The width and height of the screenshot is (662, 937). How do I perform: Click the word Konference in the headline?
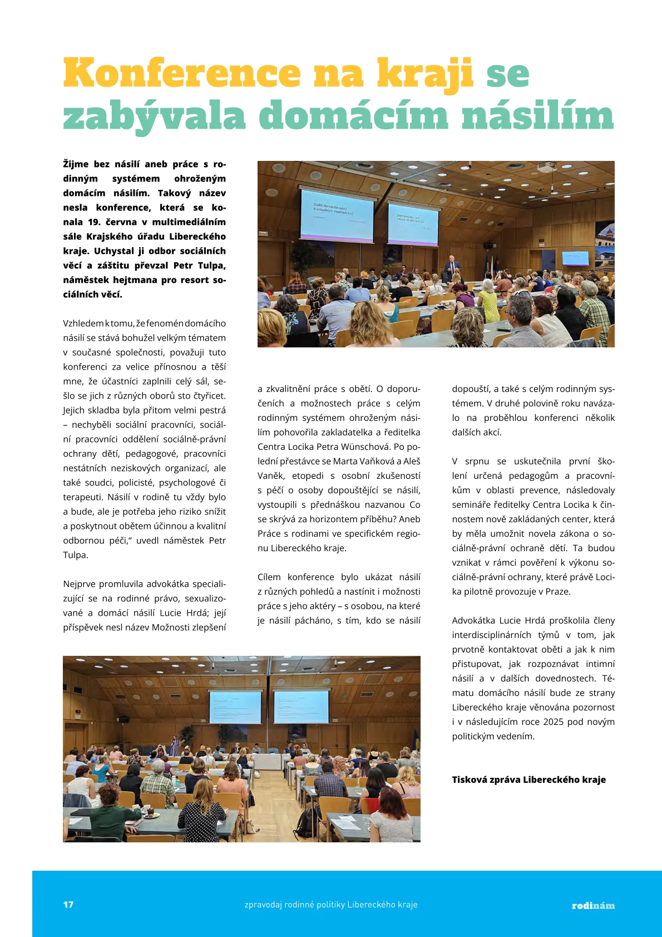point(182,73)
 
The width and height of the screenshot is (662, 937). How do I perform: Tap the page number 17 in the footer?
point(68,904)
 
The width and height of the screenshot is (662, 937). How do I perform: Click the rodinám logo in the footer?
point(593,905)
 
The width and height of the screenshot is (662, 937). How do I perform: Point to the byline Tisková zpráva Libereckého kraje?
point(528,779)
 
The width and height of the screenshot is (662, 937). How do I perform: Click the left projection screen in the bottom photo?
point(235,708)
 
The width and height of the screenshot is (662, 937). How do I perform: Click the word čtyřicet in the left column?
point(209,396)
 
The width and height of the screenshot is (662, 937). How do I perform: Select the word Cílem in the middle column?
point(269,577)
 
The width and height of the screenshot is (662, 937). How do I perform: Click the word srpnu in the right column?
point(477,461)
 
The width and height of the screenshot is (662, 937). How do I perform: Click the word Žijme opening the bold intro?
point(76,164)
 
